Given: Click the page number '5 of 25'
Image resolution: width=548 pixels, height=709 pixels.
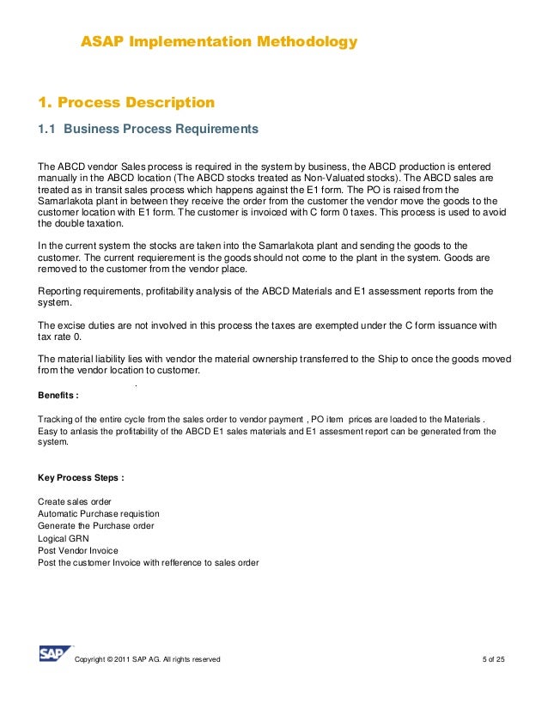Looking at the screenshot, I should click(x=495, y=659).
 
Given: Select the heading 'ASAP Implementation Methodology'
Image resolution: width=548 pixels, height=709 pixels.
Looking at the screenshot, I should click(x=218, y=42).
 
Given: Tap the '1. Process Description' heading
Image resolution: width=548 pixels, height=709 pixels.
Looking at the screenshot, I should click(x=126, y=103).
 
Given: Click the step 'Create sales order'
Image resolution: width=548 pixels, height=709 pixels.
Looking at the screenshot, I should click(x=75, y=501).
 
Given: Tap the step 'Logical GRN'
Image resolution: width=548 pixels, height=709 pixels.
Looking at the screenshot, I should click(x=64, y=538).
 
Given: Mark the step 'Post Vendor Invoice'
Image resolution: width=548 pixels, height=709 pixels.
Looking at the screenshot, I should click(x=78, y=550).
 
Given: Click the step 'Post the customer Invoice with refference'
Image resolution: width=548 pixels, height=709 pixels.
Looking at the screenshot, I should click(x=149, y=562).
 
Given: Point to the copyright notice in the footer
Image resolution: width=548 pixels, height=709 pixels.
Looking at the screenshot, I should click(x=149, y=659).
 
